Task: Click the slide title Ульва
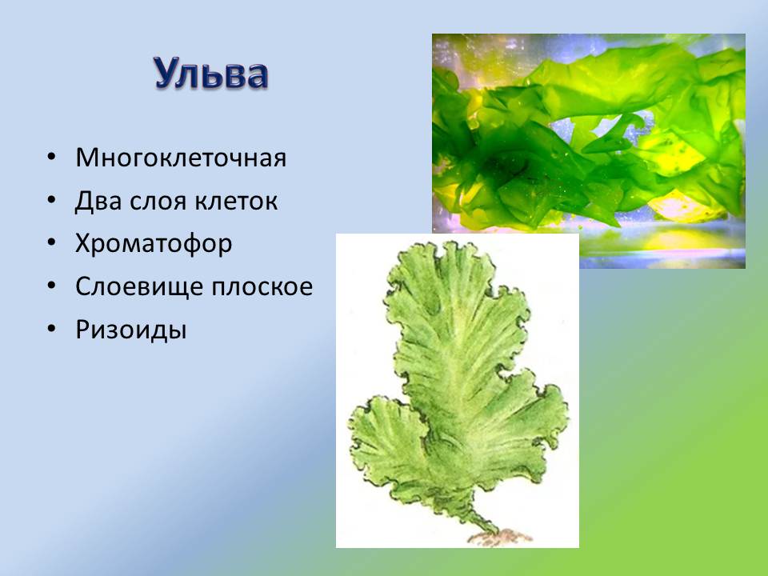point(211,74)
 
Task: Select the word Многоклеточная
point(181,158)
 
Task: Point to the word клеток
point(237,201)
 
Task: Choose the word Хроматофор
point(154,244)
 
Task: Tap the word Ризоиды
point(130,330)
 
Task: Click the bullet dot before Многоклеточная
point(52,158)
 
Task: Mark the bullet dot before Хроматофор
point(52,245)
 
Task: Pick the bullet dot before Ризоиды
point(52,330)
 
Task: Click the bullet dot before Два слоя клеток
point(52,202)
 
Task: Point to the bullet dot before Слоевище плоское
point(52,287)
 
